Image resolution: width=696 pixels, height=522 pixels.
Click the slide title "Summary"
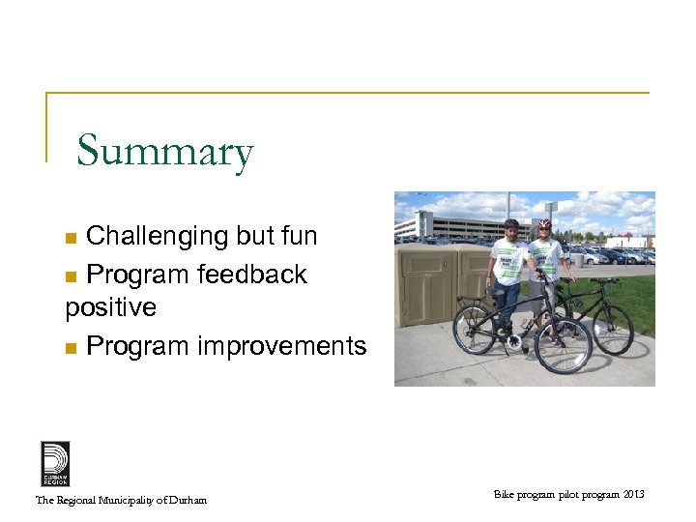pyautogui.click(x=164, y=152)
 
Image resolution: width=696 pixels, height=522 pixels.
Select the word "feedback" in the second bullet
pyautogui.click(x=251, y=275)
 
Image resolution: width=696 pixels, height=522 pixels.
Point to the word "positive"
pyautogui.click(x=110, y=307)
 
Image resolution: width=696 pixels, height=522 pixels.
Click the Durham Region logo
pyautogui.click(x=55, y=463)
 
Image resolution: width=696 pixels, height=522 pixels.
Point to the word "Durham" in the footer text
pyautogui.click(x=188, y=500)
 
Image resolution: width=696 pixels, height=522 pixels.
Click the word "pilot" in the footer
pyautogui.click(x=571, y=495)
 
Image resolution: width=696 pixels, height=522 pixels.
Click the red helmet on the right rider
pyautogui.click(x=544, y=224)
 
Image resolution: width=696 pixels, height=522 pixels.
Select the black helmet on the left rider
pyautogui.click(x=510, y=223)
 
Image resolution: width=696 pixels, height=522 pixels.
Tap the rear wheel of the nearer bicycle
pyautogui.click(x=475, y=330)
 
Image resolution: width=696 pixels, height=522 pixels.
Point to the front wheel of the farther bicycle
pyautogui.click(x=612, y=329)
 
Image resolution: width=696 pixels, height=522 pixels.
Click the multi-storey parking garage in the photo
pyautogui.click(x=453, y=224)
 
